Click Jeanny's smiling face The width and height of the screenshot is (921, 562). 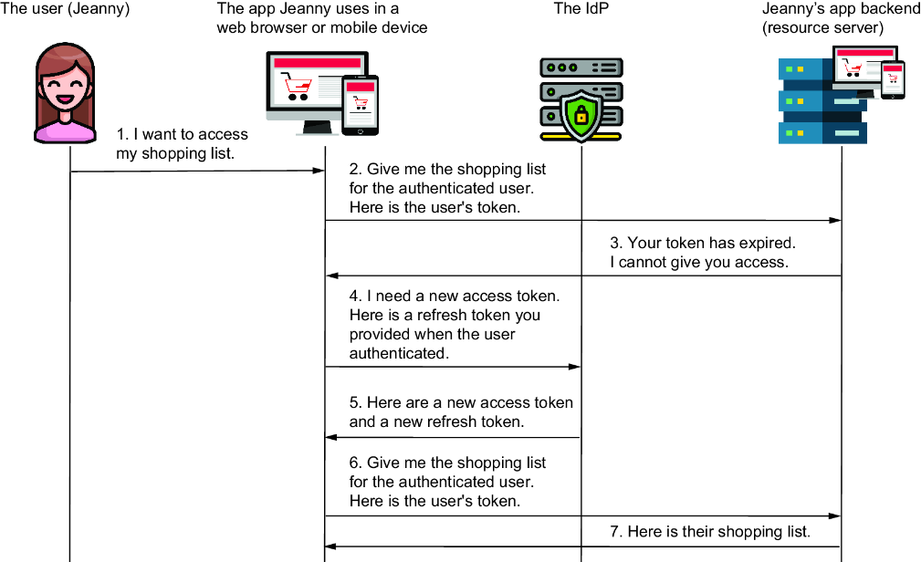(65, 89)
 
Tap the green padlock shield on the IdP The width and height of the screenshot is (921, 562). (581, 116)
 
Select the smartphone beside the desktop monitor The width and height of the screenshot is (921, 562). (360, 106)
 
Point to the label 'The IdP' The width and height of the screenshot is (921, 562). (581, 8)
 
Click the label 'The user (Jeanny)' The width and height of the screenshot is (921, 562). (65, 8)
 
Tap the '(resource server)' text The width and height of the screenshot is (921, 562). (822, 27)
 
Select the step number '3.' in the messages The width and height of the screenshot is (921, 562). (615, 243)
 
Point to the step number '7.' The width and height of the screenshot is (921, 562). (615, 532)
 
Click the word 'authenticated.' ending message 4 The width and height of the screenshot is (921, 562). (400, 353)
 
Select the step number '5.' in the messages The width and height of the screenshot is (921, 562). (355, 402)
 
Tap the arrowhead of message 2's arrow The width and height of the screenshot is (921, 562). (834, 221)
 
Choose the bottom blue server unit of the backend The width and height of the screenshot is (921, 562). (822, 133)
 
